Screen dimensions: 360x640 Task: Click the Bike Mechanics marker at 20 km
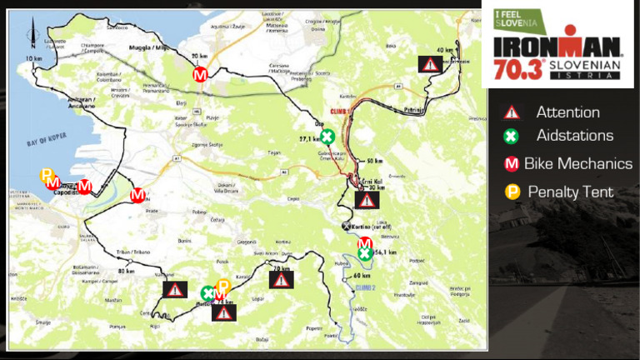pyautogui.click(x=200, y=74)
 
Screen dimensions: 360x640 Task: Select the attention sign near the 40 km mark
pyautogui.click(x=429, y=63)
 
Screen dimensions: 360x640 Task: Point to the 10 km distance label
pyautogui.click(x=33, y=59)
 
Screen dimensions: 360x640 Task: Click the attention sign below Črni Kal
pyautogui.click(x=367, y=200)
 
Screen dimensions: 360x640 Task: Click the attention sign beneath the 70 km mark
pyautogui.click(x=282, y=281)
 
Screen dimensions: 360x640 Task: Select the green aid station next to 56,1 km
pyautogui.click(x=365, y=254)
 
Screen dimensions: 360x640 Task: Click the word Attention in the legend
pyautogui.click(x=567, y=112)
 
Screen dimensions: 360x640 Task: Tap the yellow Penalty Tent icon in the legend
pyautogui.click(x=512, y=192)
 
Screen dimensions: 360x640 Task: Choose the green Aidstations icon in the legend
pyautogui.click(x=512, y=136)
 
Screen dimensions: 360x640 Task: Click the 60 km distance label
pyautogui.click(x=362, y=276)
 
